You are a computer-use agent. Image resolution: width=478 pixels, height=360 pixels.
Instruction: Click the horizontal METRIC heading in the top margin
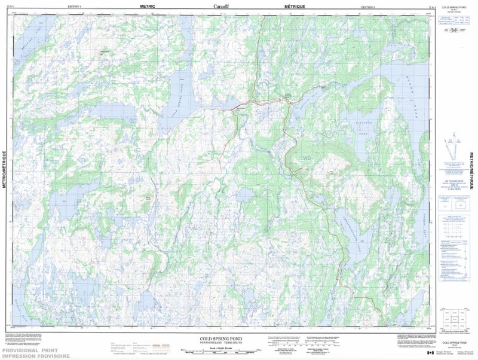(147, 6)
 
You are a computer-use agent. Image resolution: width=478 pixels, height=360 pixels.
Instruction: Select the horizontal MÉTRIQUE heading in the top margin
(294, 6)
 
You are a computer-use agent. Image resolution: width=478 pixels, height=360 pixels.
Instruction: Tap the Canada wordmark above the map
(221, 7)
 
